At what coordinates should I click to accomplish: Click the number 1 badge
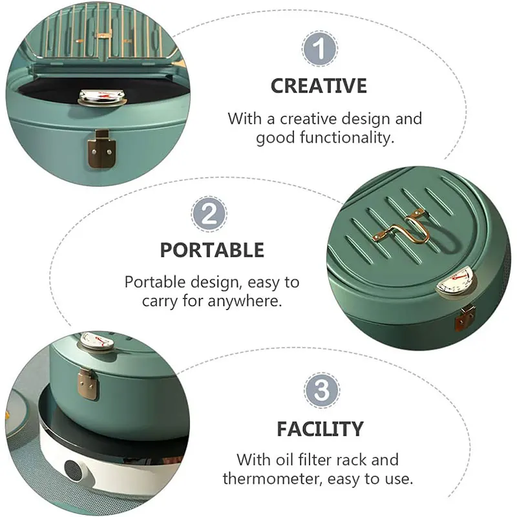point(319,49)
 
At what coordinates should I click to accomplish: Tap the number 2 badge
point(209,214)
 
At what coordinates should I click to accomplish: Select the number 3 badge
point(322,390)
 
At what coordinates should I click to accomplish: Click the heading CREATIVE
point(319,86)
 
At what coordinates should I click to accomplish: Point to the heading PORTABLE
point(212,250)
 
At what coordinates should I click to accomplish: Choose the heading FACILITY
point(320,428)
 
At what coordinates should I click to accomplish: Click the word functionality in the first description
point(347,137)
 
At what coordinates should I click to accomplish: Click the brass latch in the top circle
point(101,149)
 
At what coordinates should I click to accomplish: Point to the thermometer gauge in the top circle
point(103,98)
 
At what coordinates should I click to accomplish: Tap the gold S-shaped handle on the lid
point(402,227)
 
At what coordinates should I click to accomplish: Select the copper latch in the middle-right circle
point(465,318)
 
